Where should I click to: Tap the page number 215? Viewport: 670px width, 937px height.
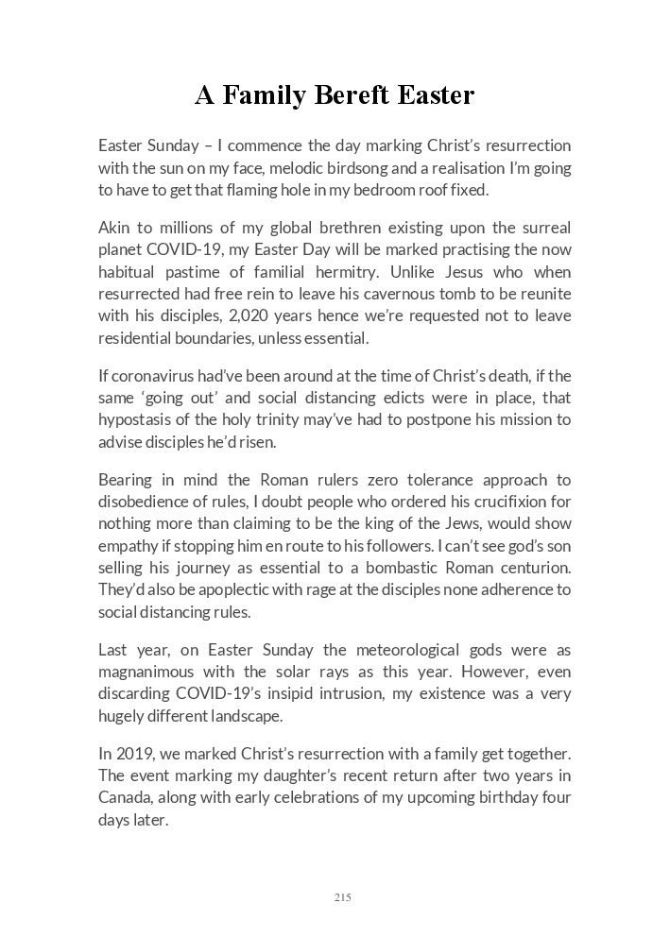(x=342, y=897)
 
